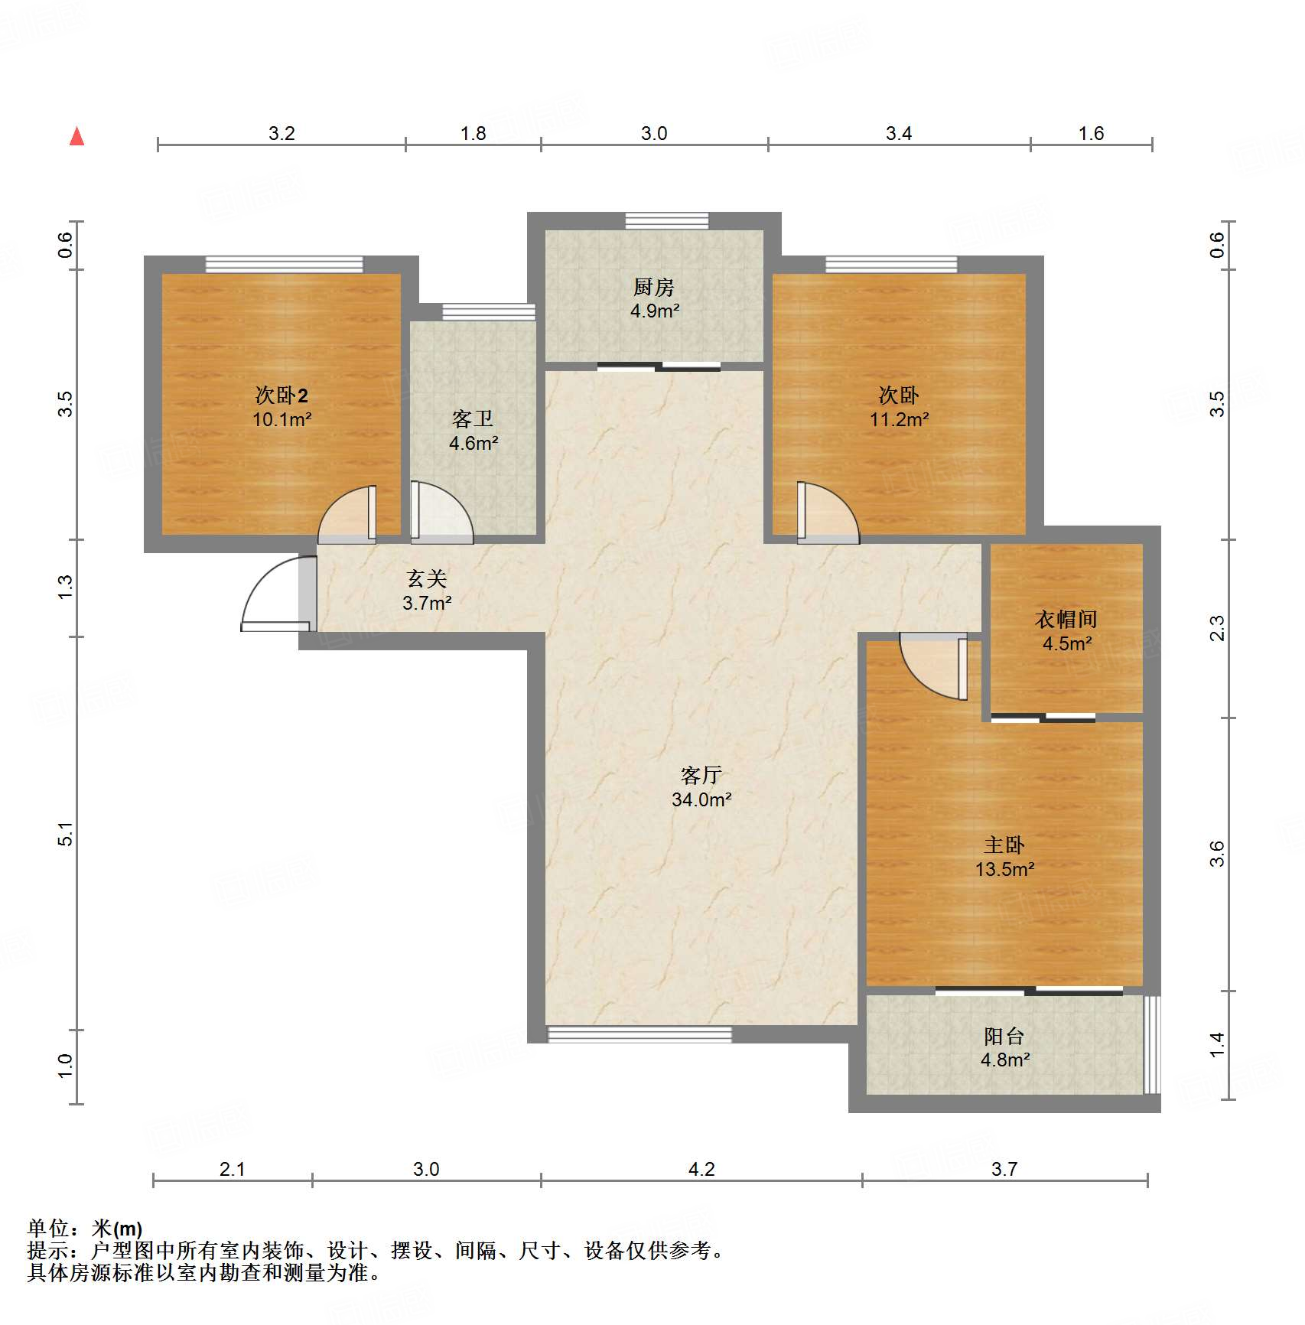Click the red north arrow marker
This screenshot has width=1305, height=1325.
tap(76, 136)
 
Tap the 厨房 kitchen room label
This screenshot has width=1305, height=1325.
tap(654, 287)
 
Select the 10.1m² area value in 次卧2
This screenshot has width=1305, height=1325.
tap(282, 419)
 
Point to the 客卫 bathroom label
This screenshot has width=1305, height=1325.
tap(473, 418)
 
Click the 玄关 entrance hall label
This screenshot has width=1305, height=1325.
tap(427, 578)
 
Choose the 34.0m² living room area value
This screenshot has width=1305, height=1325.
tap(701, 799)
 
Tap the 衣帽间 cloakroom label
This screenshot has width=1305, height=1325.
tap(1066, 619)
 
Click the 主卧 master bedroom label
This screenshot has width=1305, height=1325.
tap(1004, 845)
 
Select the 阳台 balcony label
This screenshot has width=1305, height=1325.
tap(1004, 1036)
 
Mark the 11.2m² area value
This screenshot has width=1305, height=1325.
tap(899, 419)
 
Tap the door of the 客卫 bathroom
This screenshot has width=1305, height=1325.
tap(441, 512)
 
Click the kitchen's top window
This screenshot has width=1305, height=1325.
tap(667, 221)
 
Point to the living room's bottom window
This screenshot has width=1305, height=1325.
tap(639, 1034)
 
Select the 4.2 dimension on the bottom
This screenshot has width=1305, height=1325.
tap(701, 1169)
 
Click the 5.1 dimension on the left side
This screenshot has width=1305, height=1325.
tap(66, 834)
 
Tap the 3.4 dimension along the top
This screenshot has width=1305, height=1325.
tap(899, 133)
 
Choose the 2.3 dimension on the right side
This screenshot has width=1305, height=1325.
tap(1217, 628)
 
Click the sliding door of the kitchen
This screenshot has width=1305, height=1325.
tap(659, 366)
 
